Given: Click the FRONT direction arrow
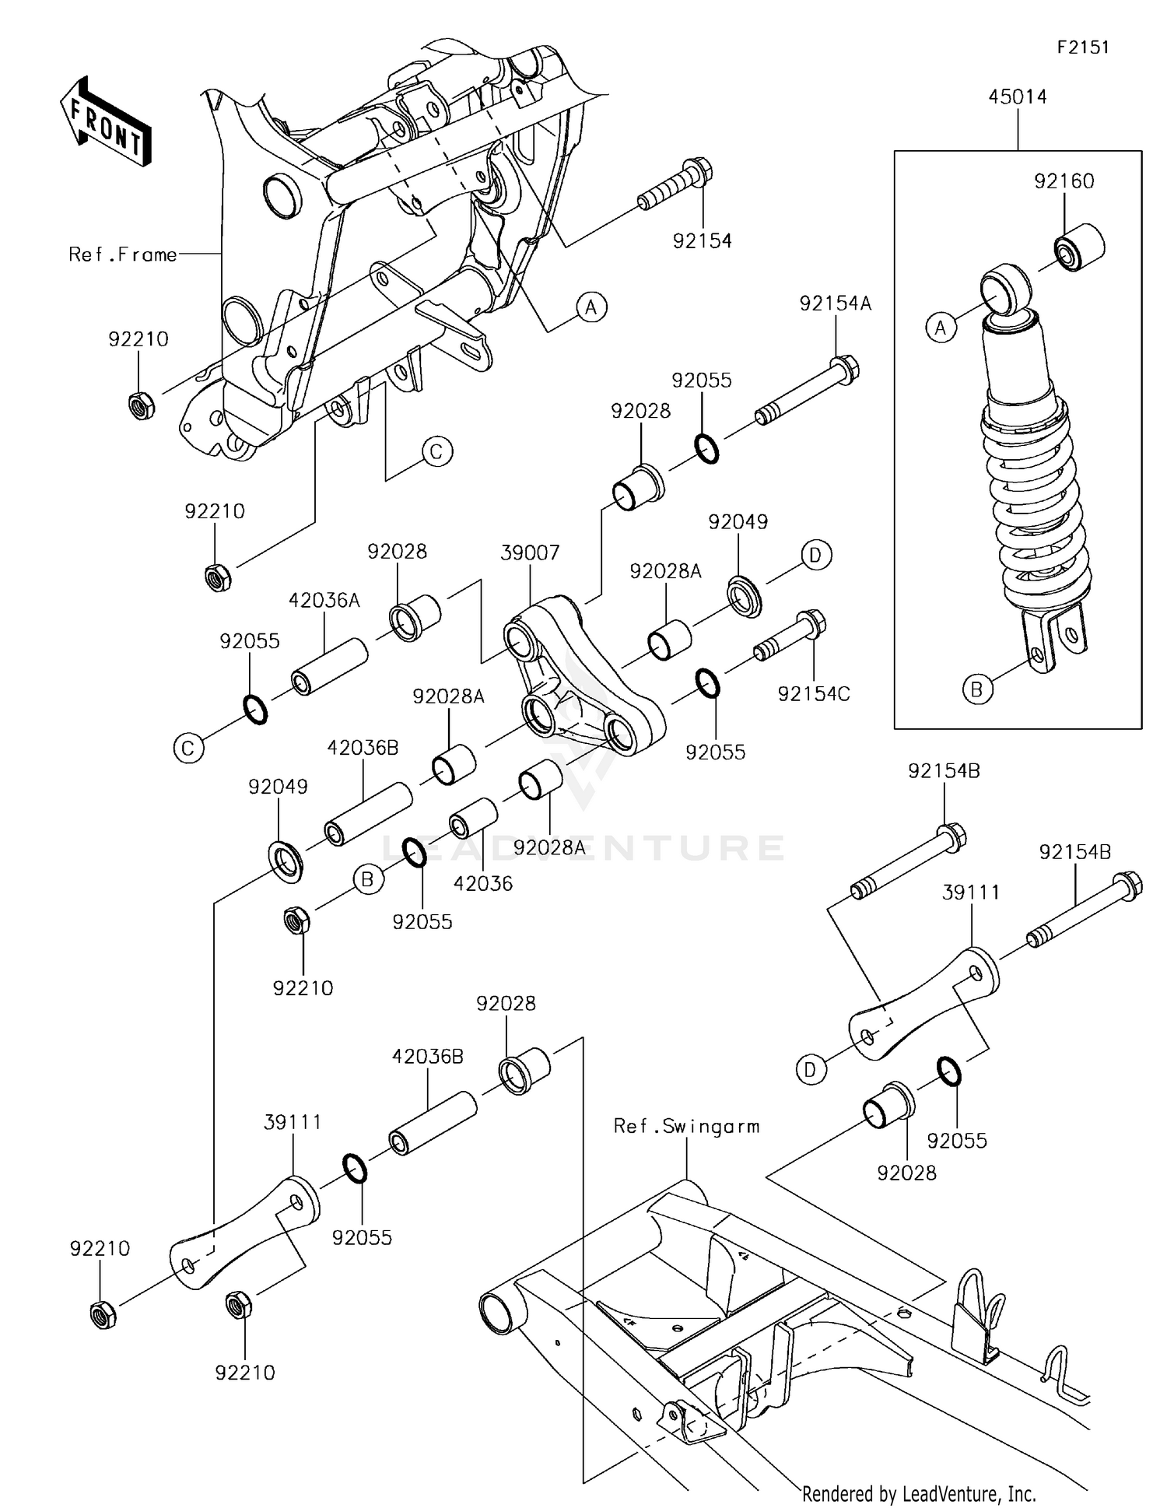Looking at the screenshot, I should [x=106, y=122].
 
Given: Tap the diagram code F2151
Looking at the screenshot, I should [x=1082, y=47].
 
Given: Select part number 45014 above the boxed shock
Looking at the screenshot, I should [x=1017, y=97].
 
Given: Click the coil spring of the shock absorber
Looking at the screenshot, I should [x=1037, y=506].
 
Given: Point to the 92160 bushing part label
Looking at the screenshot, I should [x=1064, y=181].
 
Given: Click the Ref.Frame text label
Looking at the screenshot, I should [x=123, y=254].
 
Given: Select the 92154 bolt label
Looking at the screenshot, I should [x=702, y=241].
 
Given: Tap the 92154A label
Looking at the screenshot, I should [x=835, y=303].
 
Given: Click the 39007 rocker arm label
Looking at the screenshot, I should [x=530, y=553].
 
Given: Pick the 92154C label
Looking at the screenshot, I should [x=814, y=693].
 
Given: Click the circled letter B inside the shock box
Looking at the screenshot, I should [x=976, y=689].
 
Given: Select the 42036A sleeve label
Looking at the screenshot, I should [x=324, y=601].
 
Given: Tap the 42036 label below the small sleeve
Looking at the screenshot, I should [x=483, y=883].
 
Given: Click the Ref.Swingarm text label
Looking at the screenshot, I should [x=686, y=1127].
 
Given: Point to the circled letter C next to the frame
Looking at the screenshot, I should [x=436, y=452].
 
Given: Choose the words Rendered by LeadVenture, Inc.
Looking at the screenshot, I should [x=919, y=1493].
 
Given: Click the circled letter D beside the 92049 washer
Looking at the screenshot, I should [x=815, y=555].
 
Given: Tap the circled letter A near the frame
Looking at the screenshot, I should [x=591, y=307].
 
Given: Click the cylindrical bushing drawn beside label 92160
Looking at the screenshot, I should [x=1079, y=247].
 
